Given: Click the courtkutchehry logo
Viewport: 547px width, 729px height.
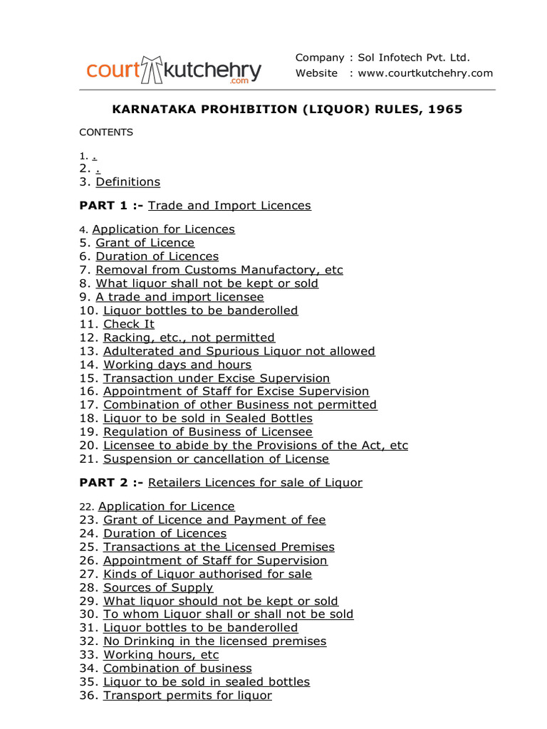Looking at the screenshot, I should click(x=174, y=70).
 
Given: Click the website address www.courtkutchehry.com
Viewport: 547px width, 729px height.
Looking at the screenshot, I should click(x=425, y=73).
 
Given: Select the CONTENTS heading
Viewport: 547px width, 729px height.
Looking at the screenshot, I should click(x=106, y=132).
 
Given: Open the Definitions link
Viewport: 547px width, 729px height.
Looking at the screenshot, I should click(x=128, y=182).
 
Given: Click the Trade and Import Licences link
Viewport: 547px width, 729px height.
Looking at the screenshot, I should click(x=229, y=205).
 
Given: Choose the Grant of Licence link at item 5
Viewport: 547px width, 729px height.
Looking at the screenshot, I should click(x=145, y=243).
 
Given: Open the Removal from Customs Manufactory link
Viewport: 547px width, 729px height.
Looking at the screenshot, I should click(x=219, y=270).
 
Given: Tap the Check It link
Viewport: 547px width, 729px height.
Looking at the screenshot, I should click(x=129, y=324).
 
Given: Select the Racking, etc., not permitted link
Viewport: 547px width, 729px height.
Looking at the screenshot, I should click(x=189, y=337).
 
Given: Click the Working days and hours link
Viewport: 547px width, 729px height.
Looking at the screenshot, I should click(x=177, y=364).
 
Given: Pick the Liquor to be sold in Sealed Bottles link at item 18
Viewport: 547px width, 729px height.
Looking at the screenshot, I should click(x=208, y=418).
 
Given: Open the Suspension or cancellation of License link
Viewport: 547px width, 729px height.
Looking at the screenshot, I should click(x=217, y=458).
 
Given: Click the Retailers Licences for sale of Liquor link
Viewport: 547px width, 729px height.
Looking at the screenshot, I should click(x=255, y=483).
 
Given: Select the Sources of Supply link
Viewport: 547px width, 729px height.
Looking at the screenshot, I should click(x=158, y=587).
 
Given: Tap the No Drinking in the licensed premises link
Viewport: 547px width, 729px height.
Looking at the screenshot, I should click(x=215, y=641).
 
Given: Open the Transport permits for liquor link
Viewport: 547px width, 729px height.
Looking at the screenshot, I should click(x=187, y=695).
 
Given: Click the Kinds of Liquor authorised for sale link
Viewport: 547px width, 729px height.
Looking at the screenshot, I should click(x=207, y=574).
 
